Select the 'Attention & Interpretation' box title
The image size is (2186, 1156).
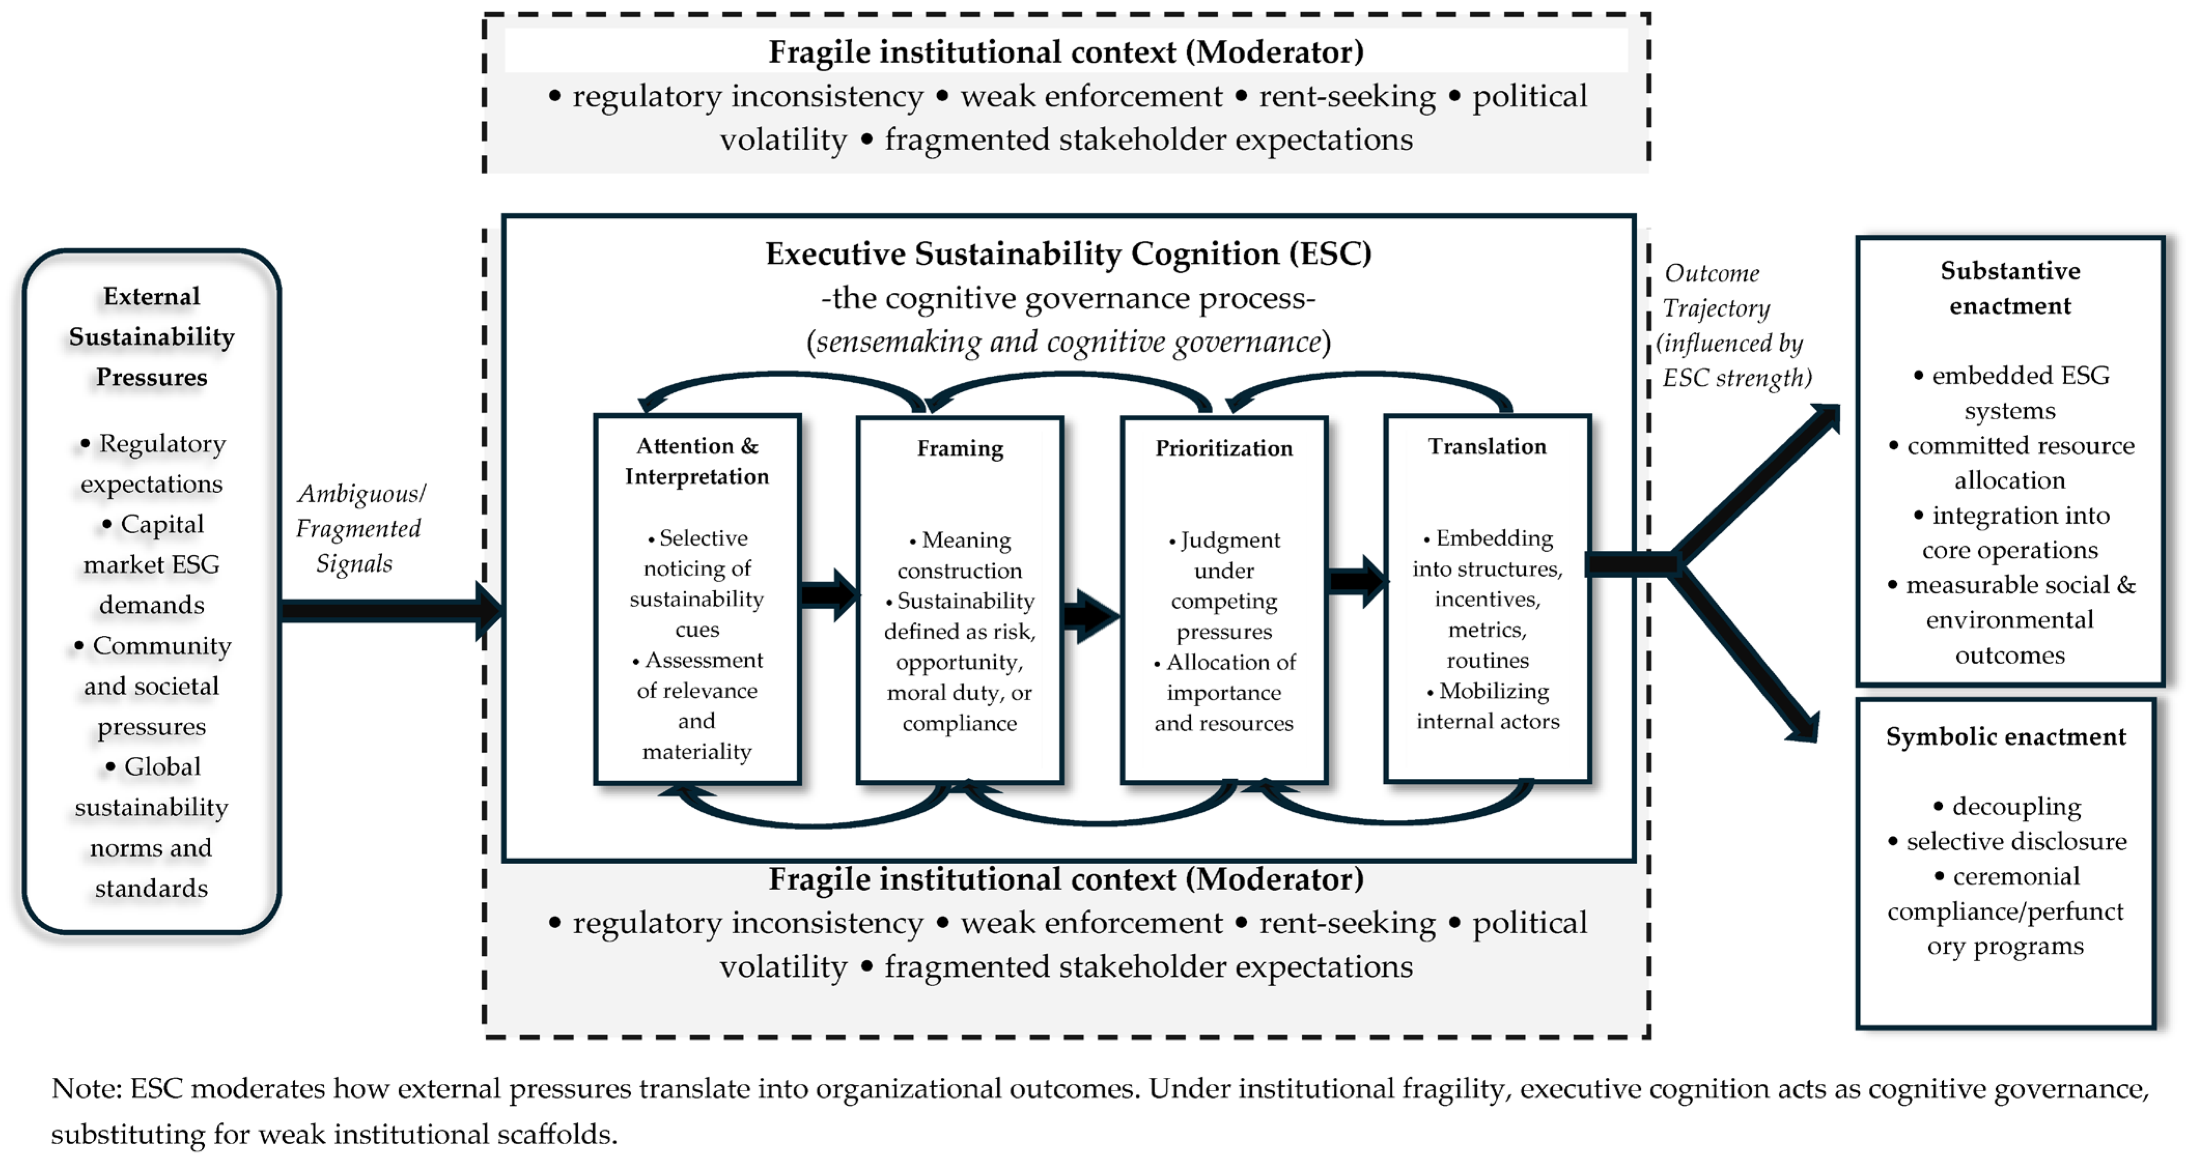697,461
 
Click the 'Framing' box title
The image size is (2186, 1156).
960,448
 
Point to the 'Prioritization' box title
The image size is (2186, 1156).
1223,448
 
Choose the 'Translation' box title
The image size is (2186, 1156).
1487,446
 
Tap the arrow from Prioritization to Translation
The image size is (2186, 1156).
1356,581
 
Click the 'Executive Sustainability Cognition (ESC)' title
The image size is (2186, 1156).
1068,253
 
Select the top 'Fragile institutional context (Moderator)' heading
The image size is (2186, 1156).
1066,52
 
